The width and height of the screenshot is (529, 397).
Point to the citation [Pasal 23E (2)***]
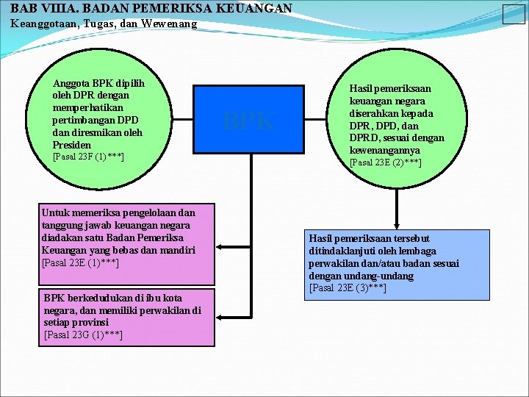click(386, 162)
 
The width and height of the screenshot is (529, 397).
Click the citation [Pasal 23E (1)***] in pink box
click(81, 262)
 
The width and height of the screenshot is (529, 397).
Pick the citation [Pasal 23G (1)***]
click(83, 335)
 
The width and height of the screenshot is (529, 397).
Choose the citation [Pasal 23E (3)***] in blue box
click(348, 287)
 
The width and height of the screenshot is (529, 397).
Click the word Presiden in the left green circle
click(72, 145)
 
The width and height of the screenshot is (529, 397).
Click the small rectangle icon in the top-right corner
click(513, 14)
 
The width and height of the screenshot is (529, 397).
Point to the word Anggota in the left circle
click(71, 83)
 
